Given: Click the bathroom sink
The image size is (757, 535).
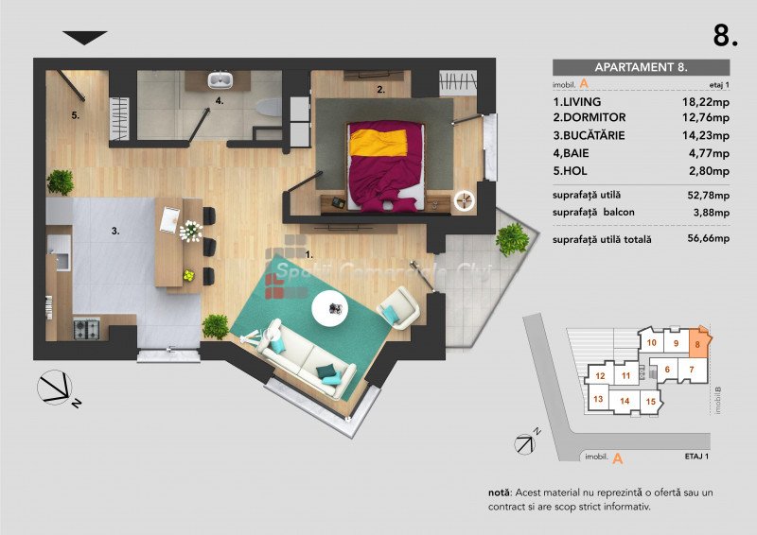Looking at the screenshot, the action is tap(220, 79).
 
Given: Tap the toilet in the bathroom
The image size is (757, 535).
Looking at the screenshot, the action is tap(269, 107).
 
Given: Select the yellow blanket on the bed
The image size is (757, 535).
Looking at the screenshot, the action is tap(378, 143).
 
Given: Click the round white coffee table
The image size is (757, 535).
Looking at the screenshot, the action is tap(329, 309).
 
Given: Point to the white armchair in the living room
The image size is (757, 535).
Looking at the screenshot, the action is tap(398, 308).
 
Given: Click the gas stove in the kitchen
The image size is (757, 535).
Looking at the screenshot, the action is tap(87, 329).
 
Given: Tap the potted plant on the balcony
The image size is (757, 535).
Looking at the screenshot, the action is tap(512, 239).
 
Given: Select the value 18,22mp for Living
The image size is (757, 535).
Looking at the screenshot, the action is tap(705, 102).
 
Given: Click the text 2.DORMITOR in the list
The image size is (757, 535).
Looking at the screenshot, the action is tap(589, 117).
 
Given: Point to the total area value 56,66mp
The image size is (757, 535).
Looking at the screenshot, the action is tap(708, 238).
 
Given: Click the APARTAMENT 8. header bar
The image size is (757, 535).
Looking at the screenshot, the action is tap(641, 67).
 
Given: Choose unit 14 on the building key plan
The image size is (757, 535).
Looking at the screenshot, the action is tap(625, 401).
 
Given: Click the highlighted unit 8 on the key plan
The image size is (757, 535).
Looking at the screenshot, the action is tap(698, 343).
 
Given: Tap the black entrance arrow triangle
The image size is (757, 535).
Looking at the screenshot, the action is tap(85, 38).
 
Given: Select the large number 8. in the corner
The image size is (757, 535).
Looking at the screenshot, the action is tap(726, 35).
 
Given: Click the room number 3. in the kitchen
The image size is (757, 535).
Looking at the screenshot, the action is tap(115, 231).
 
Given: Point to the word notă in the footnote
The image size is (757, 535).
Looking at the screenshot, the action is tap(500, 492).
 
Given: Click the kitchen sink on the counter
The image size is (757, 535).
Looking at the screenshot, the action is tap(62, 261).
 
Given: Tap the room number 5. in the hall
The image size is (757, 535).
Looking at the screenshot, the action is tap(76, 115).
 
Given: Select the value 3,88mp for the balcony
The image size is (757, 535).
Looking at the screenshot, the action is tap(712, 213).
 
